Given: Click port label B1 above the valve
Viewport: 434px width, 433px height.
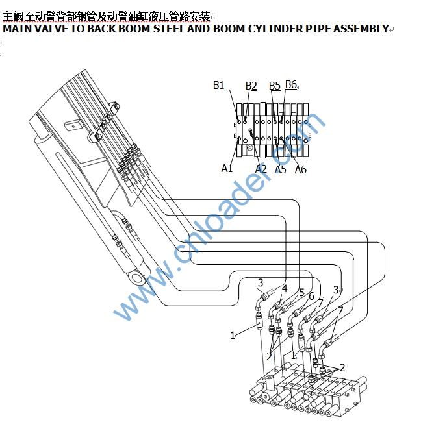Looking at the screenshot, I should tap(219, 86).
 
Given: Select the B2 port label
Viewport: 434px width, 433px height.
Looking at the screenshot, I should tap(251, 86).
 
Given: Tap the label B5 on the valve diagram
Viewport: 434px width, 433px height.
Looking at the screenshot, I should tap(275, 86).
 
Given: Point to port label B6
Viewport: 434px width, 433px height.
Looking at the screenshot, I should tap(291, 85).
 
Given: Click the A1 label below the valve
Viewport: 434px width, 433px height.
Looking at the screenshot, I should tap(227, 168).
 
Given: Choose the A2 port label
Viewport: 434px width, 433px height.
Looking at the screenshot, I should tap(261, 169).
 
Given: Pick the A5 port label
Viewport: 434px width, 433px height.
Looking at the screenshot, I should tap(281, 169).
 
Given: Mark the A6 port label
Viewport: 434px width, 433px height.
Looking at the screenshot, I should tap(301, 170).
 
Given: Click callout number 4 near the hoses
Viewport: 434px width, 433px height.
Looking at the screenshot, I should tap(285, 288).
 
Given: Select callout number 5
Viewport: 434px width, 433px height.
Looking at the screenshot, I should tap(301, 293).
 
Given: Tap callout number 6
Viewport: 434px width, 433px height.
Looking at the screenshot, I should tap(312, 297).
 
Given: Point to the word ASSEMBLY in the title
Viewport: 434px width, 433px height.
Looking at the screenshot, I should tap(359, 29).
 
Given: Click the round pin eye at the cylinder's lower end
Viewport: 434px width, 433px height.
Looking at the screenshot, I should tap(135, 277).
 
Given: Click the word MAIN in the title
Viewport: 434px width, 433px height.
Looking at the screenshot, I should tap(18, 29).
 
